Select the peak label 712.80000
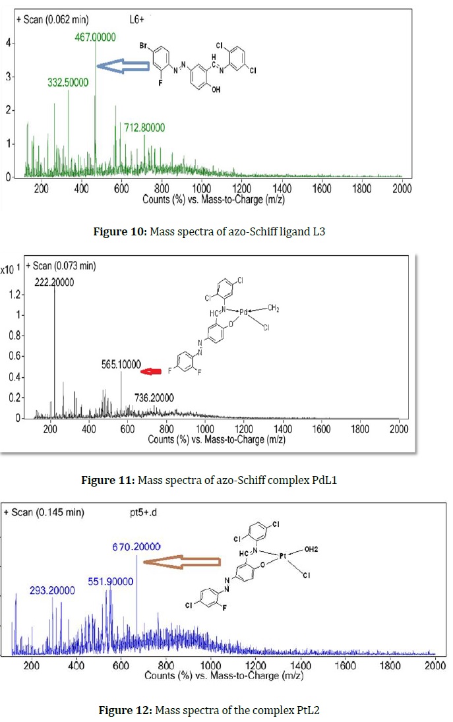144,127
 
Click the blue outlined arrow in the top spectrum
125,65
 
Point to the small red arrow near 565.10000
152,372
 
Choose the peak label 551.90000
110,582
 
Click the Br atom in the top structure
144,47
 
